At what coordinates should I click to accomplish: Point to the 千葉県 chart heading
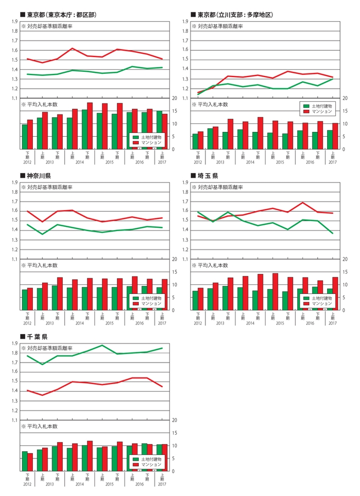click(x=37, y=336)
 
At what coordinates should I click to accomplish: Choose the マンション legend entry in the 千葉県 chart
click(x=147, y=465)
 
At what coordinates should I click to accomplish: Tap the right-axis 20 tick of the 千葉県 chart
click(x=175, y=420)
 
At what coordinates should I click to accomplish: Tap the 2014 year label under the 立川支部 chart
click(x=250, y=162)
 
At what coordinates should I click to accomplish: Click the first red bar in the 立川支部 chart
click(x=201, y=140)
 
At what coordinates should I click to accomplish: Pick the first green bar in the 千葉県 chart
click(x=25, y=461)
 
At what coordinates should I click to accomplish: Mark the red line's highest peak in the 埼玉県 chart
click(x=303, y=203)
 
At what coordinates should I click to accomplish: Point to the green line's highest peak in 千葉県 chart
click(x=102, y=345)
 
